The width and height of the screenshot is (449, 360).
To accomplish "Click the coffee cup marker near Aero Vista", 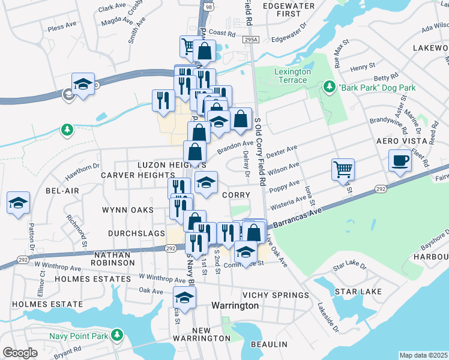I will [400, 160].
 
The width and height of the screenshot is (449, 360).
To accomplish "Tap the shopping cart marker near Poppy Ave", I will [343, 169].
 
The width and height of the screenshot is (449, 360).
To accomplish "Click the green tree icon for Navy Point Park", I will [118, 334].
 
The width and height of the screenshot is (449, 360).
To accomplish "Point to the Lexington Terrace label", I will [292, 76].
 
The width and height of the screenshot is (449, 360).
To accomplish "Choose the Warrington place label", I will [235, 305].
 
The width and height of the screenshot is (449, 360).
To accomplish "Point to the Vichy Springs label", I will [275, 295].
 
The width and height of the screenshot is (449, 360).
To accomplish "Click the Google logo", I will [20, 353].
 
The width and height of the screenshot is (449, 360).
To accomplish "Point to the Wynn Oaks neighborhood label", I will [127, 210].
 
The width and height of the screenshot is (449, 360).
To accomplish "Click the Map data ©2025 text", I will [424, 355].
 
